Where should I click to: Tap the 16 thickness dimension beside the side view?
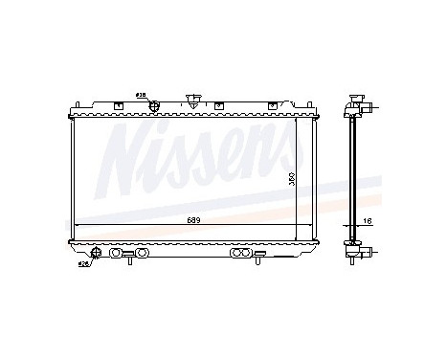(366, 221)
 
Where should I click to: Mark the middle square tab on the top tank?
(219, 104)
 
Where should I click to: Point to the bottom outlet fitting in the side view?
(364, 255)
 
